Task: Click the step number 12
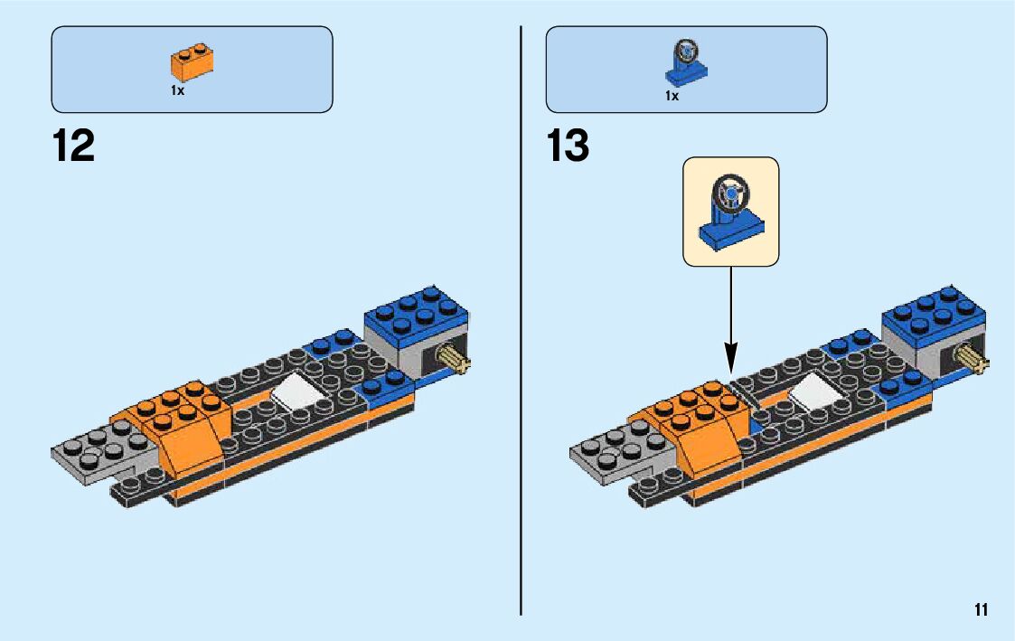73,146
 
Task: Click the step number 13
569,146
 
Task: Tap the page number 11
981,609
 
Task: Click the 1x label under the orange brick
177,91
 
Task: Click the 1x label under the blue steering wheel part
672,95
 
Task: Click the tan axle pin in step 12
456,363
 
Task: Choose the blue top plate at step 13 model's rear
932,309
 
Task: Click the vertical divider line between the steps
522,362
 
